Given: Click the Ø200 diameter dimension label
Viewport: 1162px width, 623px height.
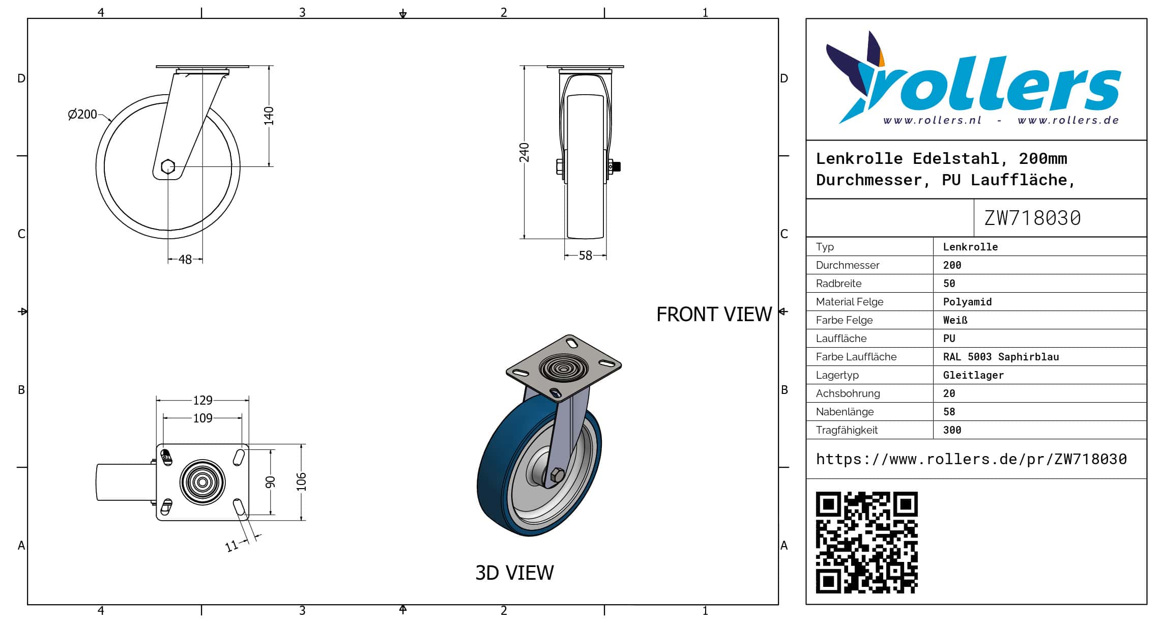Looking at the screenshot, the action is click(x=82, y=114).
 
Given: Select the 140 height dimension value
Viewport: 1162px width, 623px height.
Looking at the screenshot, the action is click(x=269, y=116).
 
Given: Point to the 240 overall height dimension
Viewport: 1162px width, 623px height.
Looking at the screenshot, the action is click(x=524, y=153).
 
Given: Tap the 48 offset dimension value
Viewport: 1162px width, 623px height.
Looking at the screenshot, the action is click(x=185, y=260).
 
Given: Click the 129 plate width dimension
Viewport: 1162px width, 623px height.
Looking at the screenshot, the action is click(x=202, y=401).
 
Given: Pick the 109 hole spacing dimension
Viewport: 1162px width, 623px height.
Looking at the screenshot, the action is click(x=202, y=418).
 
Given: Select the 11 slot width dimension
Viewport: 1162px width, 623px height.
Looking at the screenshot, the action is click(x=231, y=546).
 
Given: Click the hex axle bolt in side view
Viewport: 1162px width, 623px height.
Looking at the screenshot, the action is click(x=168, y=166).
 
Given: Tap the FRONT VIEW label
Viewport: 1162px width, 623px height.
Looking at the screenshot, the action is click(x=714, y=315).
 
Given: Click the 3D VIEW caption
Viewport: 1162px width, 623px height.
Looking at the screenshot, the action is click(x=514, y=573).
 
